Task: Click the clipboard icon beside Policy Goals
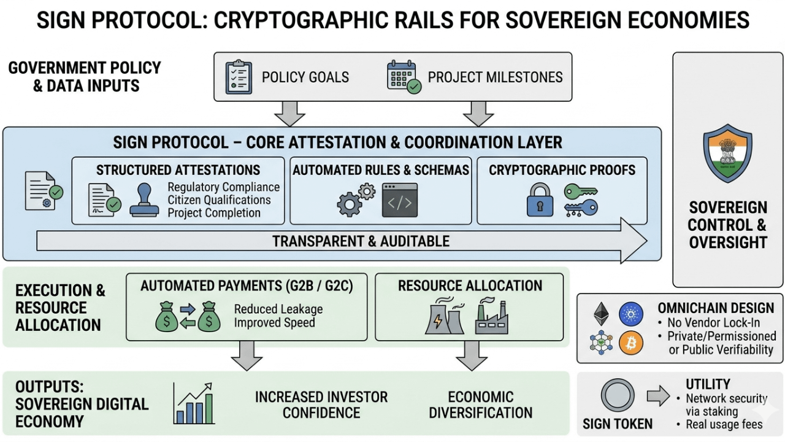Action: tap(239, 77)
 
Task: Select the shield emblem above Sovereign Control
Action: tap(727, 152)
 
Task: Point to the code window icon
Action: tap(400, 200)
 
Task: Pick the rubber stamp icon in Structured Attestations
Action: tap(144, 201)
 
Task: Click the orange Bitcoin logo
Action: tap(631, 343)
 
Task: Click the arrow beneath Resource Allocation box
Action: tap(472, 356)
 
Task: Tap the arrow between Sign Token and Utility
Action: tap(659, 396)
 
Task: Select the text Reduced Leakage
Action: tap(278, 309)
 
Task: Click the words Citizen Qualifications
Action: tap(220, 200)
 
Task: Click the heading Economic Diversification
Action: tap(480, 405)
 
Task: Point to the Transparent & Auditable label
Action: tap(361, 241)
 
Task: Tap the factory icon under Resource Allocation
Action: tap(491, 317)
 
